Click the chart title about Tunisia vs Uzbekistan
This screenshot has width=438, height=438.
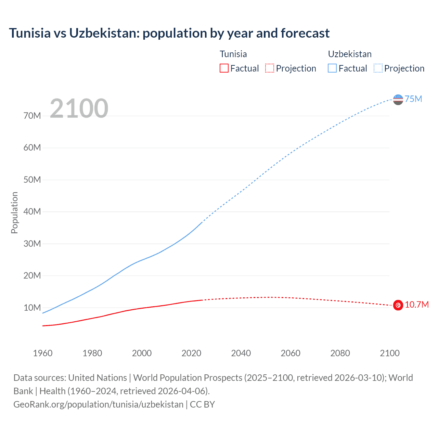169,33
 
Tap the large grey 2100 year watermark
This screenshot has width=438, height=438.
79,108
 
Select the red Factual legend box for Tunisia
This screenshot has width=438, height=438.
224,68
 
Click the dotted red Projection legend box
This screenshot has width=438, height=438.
270,68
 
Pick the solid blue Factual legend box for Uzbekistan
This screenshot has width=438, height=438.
332,68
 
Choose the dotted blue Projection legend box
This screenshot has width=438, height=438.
378,68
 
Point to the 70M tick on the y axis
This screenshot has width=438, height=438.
32,116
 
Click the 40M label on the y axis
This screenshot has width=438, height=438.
32,211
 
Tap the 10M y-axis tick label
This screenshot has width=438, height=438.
32,308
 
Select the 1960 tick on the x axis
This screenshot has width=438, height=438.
43,353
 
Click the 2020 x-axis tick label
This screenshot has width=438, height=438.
191,353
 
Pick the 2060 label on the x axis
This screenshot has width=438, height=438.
291,353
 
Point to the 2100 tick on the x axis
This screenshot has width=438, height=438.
389,353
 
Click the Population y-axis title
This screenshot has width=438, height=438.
14,212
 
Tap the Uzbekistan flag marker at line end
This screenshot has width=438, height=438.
398,100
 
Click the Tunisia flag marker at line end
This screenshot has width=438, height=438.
398,305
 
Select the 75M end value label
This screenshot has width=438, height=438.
413,99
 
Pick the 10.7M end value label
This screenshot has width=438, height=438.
416,305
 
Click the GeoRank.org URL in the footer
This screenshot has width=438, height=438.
99,404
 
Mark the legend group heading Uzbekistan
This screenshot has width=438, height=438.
350,54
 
